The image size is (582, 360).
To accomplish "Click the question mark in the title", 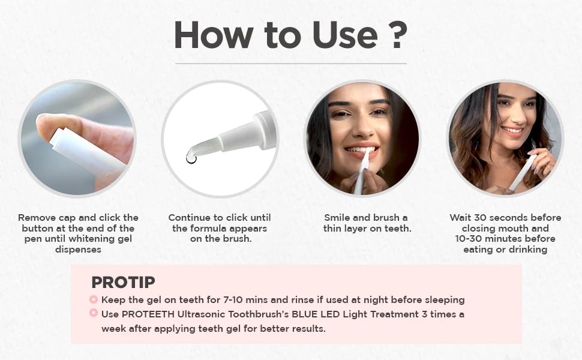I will tap(394, 35).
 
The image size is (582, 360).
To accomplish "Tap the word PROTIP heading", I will tap(123, 282).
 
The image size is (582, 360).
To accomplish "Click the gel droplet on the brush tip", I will tap(191, 158).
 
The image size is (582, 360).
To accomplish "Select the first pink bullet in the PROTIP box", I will tap(94, 299).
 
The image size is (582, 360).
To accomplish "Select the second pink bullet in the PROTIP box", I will tap(94, 313).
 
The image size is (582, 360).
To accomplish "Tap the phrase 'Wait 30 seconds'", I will tap(485, 217).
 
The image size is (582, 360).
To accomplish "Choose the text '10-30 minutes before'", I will tap(505, 239).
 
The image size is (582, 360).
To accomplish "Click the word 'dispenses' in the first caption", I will tap(78, 250).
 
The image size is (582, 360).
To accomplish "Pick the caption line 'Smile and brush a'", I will tap(365, 217).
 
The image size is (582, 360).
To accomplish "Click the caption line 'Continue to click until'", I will tap(220, 217).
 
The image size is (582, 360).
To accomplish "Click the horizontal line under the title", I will tap(290, 64).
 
